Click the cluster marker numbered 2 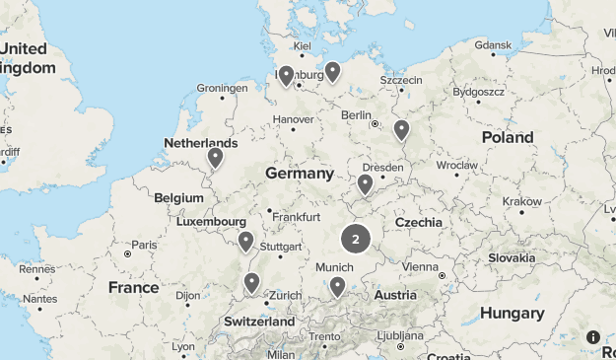355,239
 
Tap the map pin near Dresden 365,183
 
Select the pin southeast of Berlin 401,129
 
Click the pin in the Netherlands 215,157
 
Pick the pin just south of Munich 337,286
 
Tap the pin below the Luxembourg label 245,241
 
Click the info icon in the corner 593,336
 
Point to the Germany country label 300,174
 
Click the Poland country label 508,137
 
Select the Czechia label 419,223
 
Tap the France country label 133,288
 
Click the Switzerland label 259,322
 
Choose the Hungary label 512,313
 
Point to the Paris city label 145,245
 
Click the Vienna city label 419,266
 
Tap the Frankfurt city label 297,216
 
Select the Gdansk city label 493,45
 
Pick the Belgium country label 178,197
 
